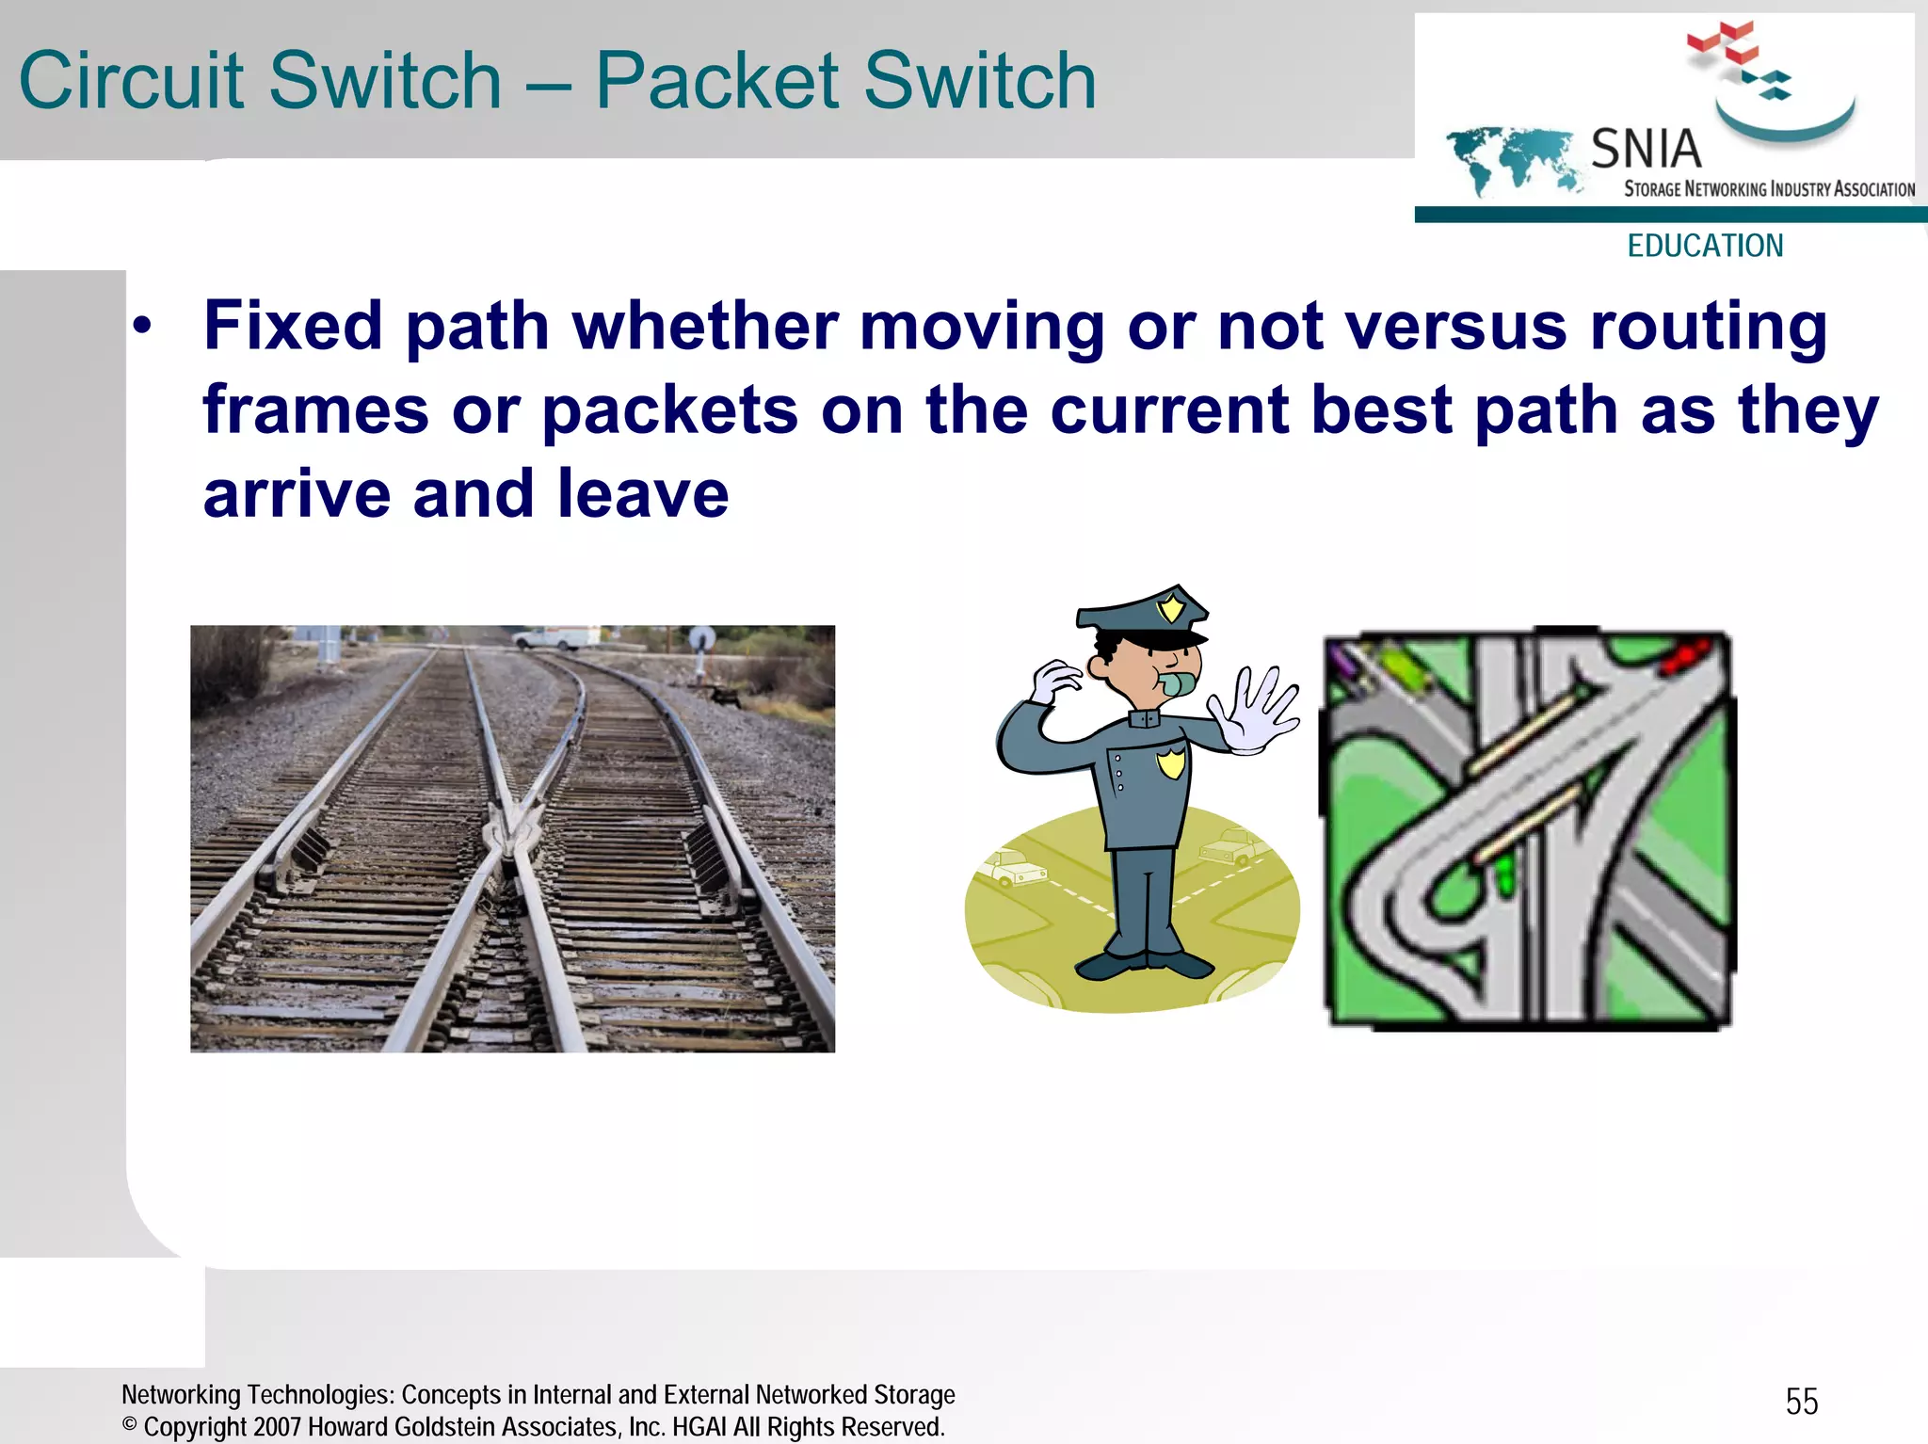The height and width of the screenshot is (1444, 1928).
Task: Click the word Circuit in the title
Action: [131, 81]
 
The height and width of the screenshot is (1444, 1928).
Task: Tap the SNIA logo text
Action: [1646, 149]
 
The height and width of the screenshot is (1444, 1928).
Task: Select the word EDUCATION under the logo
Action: [1705, 246]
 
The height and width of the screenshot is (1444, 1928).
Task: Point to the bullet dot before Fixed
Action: [142, 327]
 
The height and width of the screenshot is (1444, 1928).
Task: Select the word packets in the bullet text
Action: [669, 410]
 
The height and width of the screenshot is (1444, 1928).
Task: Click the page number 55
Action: [1801, 1402]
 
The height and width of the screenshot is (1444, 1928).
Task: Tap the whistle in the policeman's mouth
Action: [1178, 682]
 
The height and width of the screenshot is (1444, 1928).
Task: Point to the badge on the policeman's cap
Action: [1171, 607]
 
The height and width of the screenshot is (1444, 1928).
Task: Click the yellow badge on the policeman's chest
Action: [1170, 762]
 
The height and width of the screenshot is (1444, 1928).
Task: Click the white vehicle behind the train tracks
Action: [555, 639]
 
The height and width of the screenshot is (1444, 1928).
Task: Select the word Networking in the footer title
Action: [181, 1394]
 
